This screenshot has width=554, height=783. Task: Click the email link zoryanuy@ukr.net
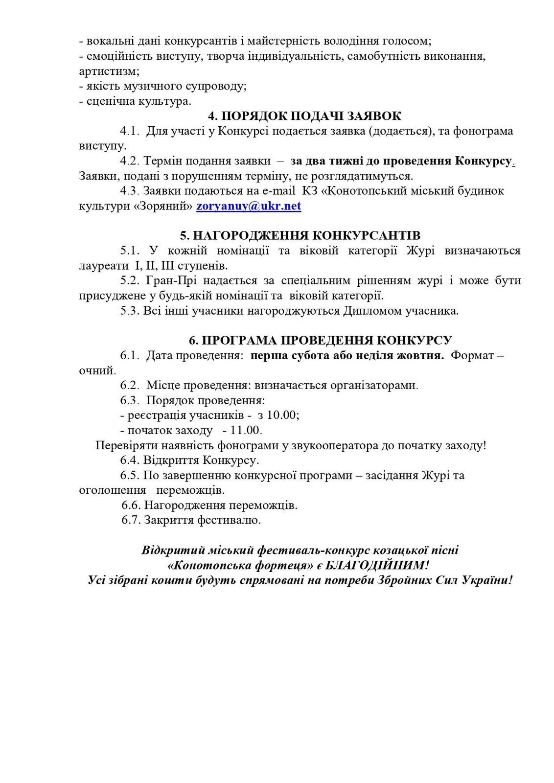click(249, 206)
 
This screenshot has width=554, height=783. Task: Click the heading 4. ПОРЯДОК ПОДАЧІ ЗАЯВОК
click(304, 116)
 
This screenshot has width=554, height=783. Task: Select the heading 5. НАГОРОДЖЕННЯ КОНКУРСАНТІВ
click(300, 235)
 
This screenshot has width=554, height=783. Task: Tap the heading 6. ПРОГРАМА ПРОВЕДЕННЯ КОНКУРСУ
click(321, 340)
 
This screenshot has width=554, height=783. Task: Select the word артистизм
click(108, 71)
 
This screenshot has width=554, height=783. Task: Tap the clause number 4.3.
click(130, 191)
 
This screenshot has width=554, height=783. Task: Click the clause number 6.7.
click(131, 520)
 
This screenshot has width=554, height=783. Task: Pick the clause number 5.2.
click(130, 281)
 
